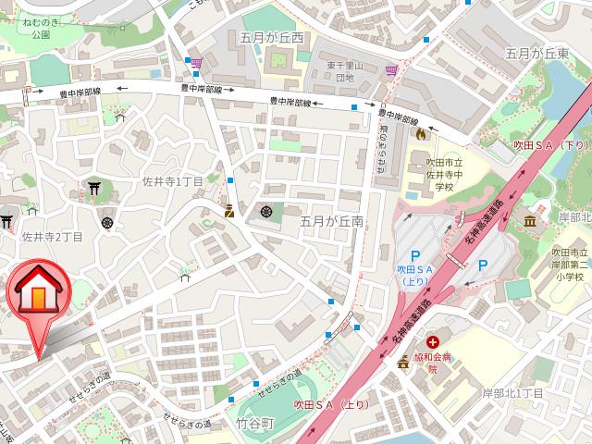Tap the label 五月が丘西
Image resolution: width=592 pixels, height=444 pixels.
(277, 38)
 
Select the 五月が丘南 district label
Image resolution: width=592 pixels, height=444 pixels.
(332, 222)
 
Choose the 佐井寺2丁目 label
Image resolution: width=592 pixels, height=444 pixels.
(53, 237)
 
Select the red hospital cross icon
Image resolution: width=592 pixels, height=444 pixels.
(433, 342)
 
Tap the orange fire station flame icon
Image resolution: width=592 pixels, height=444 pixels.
(420, 134)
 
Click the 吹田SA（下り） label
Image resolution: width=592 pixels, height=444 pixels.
(550, 146)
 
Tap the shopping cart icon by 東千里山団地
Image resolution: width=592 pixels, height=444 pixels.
(394, 70)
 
